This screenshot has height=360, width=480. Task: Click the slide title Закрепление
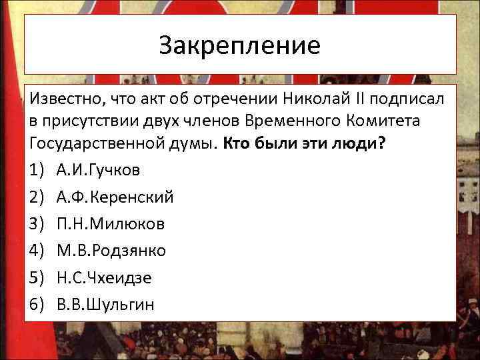(x=240, y=45)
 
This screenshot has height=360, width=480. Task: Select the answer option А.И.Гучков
(x=99, y=170)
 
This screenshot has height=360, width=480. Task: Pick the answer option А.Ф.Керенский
(x=115, y=197)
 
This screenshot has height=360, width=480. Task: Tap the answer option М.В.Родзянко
(x=111, y=251)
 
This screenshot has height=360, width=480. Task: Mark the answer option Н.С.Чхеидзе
(x=104, y=278)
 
